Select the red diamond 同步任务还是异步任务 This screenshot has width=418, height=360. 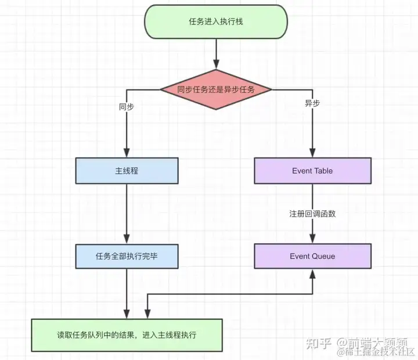coord(216,89)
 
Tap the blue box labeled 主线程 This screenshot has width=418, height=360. coord(126,171)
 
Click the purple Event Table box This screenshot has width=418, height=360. coord(312,171)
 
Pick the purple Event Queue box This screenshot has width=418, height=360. coord(312,256)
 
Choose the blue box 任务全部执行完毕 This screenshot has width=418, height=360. coord(126,256)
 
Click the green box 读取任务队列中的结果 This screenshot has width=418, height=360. coord(127,335)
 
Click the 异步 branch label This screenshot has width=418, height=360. coord(312,103)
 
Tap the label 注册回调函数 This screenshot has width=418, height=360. coord(312,213)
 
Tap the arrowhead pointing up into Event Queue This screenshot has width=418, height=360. coord(313,273)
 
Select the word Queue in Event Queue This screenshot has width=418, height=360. coord(323,256)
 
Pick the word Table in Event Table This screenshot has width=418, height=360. coord(323,171)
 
